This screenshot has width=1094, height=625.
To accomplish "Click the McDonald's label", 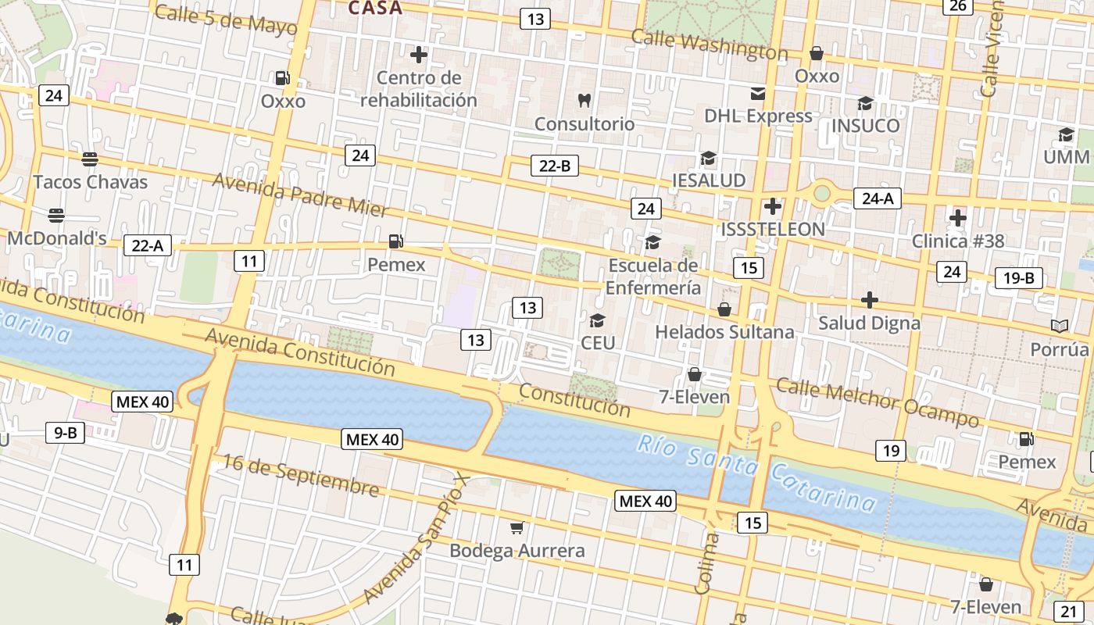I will coord(57,238).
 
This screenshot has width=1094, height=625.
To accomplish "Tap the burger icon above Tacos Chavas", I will coord(90,159).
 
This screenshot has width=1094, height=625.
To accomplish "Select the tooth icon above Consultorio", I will coord(584,100).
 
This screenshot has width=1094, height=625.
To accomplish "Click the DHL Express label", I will coord(758,116).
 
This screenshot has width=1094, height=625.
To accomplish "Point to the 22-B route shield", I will coord(555,166).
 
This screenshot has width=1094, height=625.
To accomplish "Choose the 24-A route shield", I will coord(877,198).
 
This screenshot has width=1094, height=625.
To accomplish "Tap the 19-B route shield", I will coord(1018,278).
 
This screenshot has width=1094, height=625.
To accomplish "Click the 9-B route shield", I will coord(65,432).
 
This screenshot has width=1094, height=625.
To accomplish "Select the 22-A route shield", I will coord(147,245).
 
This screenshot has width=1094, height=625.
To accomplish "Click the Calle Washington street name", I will coord(709,45).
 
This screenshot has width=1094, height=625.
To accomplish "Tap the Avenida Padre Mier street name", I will coord(300,195).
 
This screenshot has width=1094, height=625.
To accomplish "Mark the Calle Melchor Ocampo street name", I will coord(877,402).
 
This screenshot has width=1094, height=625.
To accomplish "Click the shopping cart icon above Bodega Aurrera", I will coord(517,528).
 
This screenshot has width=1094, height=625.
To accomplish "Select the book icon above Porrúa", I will coord(1060,326).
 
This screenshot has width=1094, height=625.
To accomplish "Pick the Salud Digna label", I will coord(869,323).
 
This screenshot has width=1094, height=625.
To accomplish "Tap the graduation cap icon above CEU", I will coord(598,320).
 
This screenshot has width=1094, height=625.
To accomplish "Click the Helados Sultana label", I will coord(724,332).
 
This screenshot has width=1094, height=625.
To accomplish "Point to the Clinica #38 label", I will coord(958,241).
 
